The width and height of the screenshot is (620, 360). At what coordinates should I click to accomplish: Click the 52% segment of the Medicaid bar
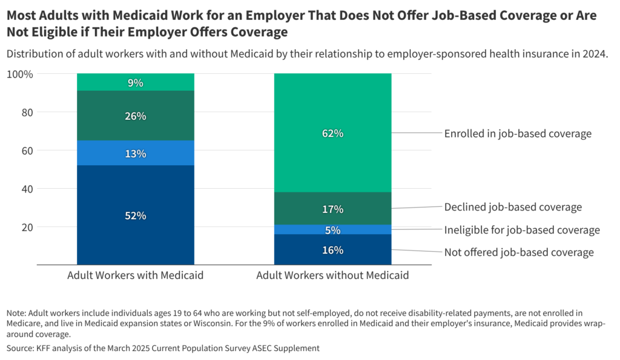pyautogui.click(x=136, y=215)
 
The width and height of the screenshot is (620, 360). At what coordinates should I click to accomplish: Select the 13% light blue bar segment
pyautogui.click(x=136, y=153)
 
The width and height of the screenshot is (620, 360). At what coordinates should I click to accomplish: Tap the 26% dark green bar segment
pyautogui.click(x=136, y=116)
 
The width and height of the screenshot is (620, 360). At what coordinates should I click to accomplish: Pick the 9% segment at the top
pyautogui.click(x=136, y=82)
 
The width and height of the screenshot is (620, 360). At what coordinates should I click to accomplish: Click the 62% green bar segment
pyautogui.click(x=332, y=133)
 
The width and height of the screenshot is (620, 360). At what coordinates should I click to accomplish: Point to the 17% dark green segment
pyautogui.click(x=332, y=209)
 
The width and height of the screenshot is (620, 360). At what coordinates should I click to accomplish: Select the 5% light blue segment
pyautogui.click(x=332, y=230)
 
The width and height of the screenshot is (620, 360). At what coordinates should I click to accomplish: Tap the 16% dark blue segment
pyautogui.click(x=332, y=249)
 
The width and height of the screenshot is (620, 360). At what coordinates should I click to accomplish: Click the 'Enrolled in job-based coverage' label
pyautogui.click(x=518, y=134)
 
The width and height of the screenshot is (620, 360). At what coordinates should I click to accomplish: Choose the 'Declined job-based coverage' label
pyautogui.click(x=513, y=207)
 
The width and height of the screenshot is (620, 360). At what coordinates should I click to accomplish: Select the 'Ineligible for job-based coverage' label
pyautogui.click(x=522, y=230)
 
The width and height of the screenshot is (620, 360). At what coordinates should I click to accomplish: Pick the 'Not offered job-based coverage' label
pyautogui.click(x=519, y=252)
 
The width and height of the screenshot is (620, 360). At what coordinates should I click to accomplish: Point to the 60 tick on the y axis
pyautogui.click(x=26, y=150)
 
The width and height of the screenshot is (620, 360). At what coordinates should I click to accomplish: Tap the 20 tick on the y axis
pyautogui.click(x=26, y=227)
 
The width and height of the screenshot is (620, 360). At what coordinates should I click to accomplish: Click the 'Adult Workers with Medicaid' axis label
pyautogui.click(x=135, y=275)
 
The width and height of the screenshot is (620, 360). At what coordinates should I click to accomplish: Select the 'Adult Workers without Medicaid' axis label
pyautogui.click(x=332, y=275)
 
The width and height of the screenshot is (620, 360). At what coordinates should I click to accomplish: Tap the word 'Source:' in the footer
pyautogui.click(x=21, y=348)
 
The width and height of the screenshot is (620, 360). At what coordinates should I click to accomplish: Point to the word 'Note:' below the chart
pyautogui.click(x=17, y=313)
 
